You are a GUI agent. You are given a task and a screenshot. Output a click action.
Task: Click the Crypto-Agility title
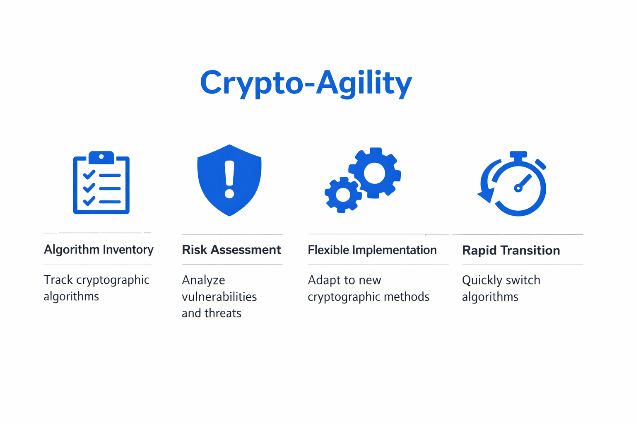(306, 83)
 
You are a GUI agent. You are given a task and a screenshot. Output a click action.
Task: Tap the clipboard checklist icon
(101, 183)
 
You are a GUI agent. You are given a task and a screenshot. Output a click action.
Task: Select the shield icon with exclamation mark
(229, 180)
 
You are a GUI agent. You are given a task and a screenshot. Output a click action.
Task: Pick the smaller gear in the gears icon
(343, 195)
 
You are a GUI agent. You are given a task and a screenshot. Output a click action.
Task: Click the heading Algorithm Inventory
(99, 250)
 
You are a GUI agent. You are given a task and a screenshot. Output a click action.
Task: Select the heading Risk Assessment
(231, 250)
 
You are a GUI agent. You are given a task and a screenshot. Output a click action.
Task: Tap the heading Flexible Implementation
(372, 250)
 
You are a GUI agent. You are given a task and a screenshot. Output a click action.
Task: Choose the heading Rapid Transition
(511, 251)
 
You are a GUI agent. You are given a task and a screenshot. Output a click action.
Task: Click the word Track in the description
(58, 280)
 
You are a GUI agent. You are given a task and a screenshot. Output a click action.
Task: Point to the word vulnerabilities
(219, 297)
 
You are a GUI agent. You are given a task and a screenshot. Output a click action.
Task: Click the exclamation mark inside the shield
(229, 179)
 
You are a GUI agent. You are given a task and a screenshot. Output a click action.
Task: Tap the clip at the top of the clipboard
(101, 157)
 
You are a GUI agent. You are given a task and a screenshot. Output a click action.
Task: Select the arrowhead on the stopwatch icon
(486, 196)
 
